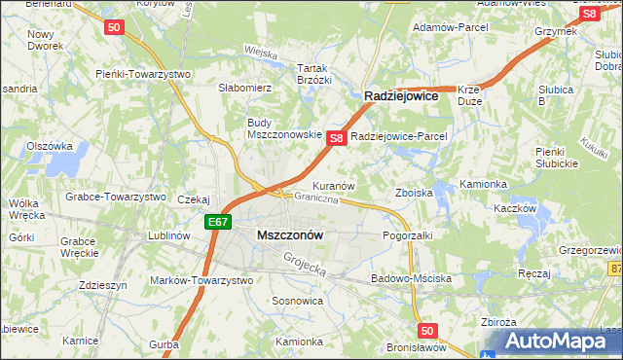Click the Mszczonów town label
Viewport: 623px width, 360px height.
(x=290, y=235)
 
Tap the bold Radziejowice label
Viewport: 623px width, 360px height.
(x=401, y=97)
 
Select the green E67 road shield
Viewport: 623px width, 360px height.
(x=218, y=223)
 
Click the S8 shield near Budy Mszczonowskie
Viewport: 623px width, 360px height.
(x=336, y=138)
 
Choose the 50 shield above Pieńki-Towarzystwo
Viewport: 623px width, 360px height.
(x=114, y=28)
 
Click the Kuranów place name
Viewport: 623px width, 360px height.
(x=332, y=185)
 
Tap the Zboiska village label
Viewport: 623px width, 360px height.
(x=414, y=193)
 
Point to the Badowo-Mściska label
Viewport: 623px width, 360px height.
(x=411, y=278)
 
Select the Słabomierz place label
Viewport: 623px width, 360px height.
(x=245, y=88)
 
